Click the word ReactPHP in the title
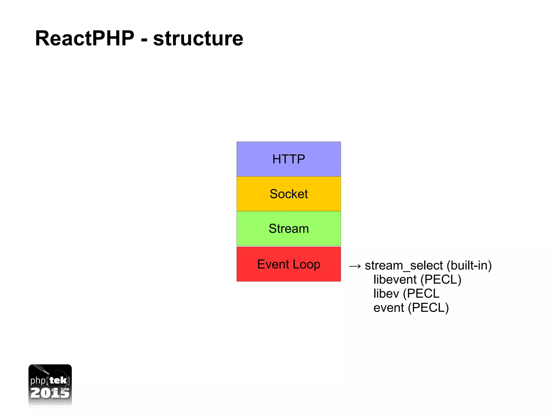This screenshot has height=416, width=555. point(85,38)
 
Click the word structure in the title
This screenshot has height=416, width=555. point(198,38)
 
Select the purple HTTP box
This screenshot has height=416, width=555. point(289,159)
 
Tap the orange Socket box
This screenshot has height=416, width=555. point(289,194)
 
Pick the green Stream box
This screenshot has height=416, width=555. point(289,228)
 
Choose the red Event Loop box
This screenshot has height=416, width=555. point(289,264)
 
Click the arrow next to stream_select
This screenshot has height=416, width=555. point(355,266)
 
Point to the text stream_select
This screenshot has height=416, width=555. point(404,266)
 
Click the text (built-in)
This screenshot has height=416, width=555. point(469,266)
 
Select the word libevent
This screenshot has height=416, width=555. point(395,279)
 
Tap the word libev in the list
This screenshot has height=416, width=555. point(386,294)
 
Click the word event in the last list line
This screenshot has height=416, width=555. point(389,308)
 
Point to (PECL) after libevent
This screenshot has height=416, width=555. point(441,280)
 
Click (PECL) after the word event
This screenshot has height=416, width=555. point(428,308)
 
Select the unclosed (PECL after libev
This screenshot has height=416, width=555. point(421,294)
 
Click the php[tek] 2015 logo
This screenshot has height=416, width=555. point(50,385)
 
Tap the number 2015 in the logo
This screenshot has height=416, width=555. point(50,393)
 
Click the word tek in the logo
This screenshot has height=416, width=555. point(58,380)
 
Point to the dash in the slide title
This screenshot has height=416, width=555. point(144,40)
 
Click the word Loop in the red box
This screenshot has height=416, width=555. point(306,264)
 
